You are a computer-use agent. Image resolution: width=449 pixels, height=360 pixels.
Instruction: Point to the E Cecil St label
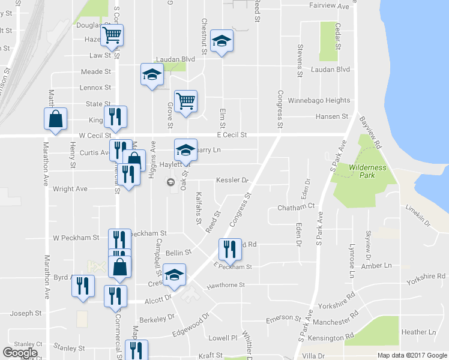tap(232, 136)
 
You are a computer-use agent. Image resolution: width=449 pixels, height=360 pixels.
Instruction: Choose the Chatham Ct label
tap(296, 208)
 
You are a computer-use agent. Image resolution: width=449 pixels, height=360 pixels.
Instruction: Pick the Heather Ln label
tap(418, 332)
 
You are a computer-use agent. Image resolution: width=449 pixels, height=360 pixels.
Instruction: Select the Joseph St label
tap(25, 313)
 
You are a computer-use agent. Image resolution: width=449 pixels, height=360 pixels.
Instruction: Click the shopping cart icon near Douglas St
tap(112, 35)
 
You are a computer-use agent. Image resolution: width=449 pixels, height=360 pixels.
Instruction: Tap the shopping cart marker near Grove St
tap(186, 101)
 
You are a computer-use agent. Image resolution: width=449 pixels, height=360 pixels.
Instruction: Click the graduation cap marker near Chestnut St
tap(221, 41)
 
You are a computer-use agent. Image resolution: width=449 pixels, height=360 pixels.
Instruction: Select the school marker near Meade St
tap(152, 74)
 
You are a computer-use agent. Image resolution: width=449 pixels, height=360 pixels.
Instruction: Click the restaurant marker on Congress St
tap(230, 248)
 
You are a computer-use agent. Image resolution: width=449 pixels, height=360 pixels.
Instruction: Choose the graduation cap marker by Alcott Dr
tap(175, 274)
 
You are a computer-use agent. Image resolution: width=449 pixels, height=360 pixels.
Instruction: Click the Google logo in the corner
tap(20, 353)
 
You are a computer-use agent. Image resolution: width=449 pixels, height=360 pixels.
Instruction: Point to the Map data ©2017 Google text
tap(412, 355)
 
